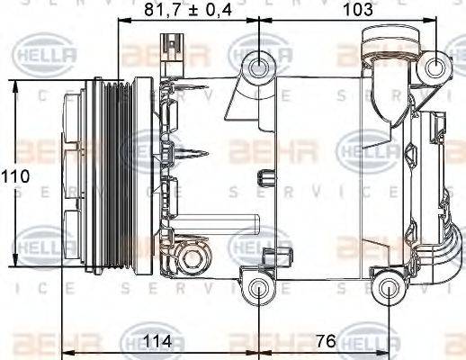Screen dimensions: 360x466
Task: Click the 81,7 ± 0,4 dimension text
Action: coord(189,11)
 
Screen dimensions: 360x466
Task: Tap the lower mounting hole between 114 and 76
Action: coord(260,289)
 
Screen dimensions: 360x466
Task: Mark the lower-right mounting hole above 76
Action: coord(389,288)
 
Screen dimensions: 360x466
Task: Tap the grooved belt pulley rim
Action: coord(112,175)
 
